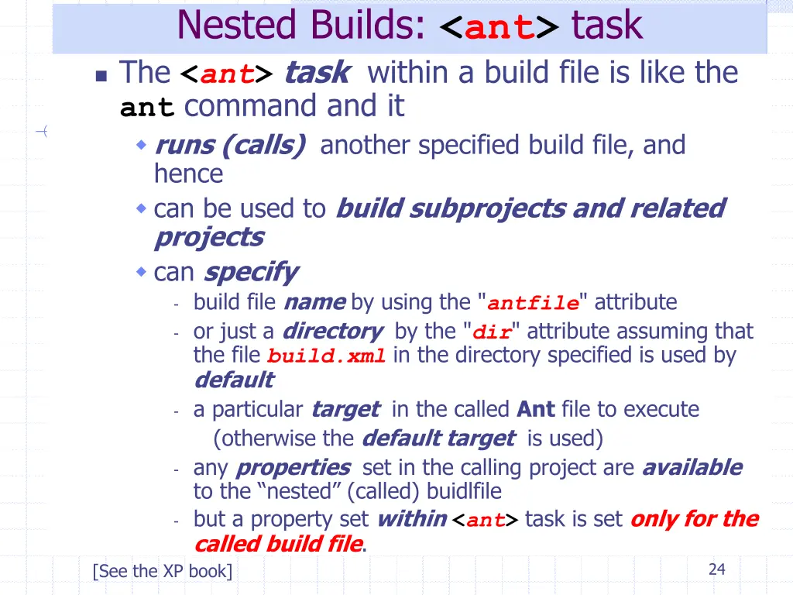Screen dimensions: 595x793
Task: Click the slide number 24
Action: (x=716, y=569)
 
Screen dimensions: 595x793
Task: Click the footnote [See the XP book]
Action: (x=162, y=572)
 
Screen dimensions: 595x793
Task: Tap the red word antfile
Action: (x=533, y=303)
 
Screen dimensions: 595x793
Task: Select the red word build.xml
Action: (x=326, y=357)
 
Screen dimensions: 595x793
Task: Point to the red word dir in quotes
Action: (x=492, y=332)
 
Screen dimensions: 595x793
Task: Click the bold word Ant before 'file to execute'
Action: (x=536, y=409)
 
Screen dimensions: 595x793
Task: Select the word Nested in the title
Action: (x=237, y=26)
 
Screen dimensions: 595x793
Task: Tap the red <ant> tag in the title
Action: (x=499, y=28)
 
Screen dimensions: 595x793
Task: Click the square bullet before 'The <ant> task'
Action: (x=101, y=76)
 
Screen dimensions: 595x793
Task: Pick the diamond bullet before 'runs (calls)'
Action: (x=141, y=145)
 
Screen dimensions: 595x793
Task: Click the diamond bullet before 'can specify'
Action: (x=141, y=272)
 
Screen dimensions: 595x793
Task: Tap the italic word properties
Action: (x=293, y=468)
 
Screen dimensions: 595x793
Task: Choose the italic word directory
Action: (x=331, y=332)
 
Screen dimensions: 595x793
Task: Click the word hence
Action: (x=188, y=174)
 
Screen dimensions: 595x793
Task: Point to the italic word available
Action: (x=692, y=468)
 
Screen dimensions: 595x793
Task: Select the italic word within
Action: (x=410, y=519)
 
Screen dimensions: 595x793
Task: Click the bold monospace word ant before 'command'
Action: (x=147, y=108)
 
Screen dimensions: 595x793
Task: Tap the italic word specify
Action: (x=249, y=273)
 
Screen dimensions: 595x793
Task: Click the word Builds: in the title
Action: (x=368, y=26)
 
